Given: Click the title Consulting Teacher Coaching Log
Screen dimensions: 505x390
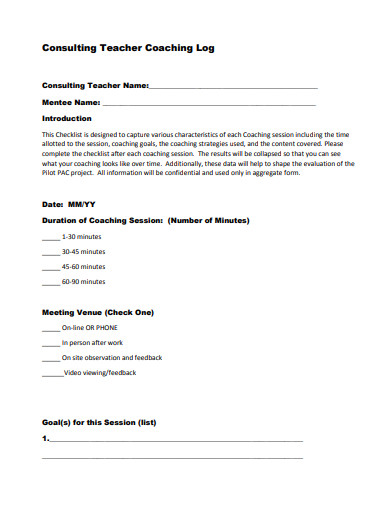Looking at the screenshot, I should click(x=127, y=47).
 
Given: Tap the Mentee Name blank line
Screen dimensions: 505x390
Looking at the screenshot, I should click(x=209, y=103).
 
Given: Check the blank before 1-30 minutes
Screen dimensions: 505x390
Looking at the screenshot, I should click(x=50, y=237).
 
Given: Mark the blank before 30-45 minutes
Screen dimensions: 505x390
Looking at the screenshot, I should click(x=50, y=252).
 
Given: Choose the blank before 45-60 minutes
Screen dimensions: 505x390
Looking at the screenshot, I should click(x=50, y=267).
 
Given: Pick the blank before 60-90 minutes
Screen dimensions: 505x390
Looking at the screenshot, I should click(x=50, y=282).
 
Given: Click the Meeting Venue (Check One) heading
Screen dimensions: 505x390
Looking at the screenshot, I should click(x=98, y=312).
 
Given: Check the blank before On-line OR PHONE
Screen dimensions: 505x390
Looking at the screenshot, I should click(x=50, y=328).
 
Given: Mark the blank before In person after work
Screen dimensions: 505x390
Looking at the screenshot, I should click(x=50, y=342).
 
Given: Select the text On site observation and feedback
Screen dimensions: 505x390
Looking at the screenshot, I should click(x=112, y=357).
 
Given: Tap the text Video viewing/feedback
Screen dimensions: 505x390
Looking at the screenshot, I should click(x=100, y=372).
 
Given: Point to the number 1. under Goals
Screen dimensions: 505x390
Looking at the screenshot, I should click(x=45, y=438).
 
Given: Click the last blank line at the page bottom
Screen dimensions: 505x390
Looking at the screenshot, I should click(x=172, y=456).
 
